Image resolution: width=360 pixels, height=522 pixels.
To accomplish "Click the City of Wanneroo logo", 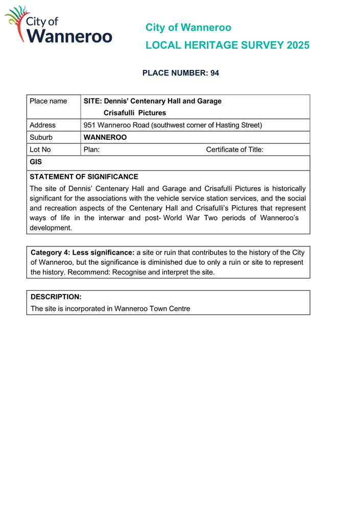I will click(x=58, y=25).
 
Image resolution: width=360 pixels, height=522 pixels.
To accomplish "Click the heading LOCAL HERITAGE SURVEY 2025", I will click(x=227, y=45).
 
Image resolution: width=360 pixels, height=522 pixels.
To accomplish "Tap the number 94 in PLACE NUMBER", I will click(x=214, y=73).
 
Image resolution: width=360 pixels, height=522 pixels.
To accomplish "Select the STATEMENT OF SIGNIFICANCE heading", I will click(x=84, y=177).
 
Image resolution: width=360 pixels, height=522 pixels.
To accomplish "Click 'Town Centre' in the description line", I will click(x=170, y=309).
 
